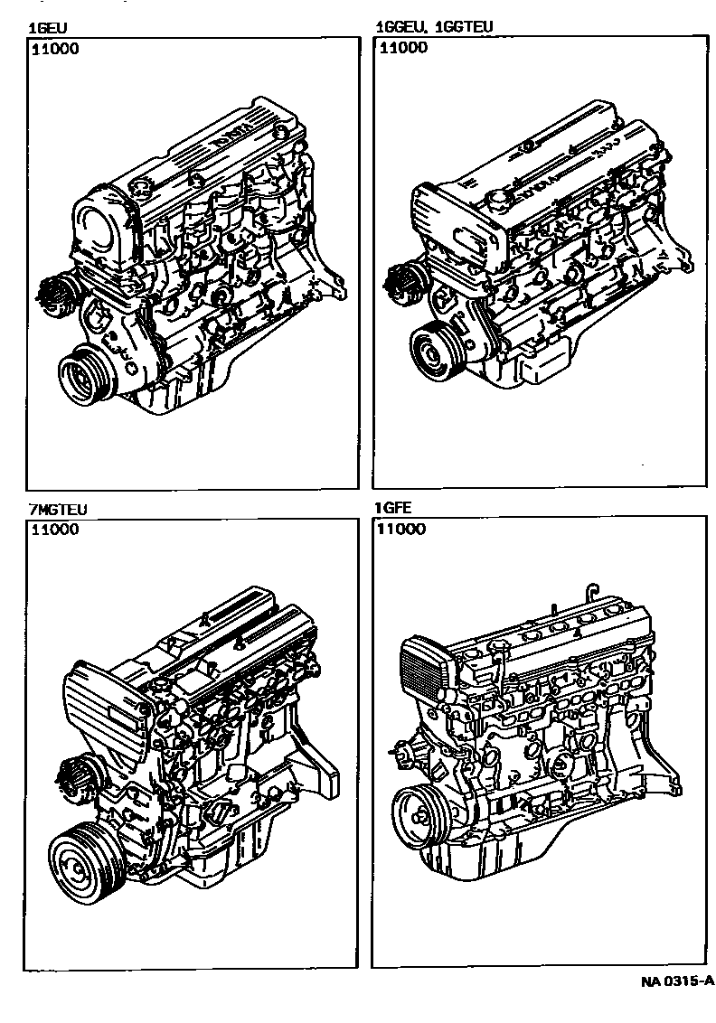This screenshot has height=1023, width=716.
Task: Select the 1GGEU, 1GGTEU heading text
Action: point(434,27)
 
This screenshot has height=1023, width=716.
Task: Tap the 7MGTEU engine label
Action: point(57,509)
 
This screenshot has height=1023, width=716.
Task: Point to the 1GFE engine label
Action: point(393,508)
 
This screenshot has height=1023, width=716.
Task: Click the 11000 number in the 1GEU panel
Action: point(55,48)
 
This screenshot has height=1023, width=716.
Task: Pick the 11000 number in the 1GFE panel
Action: point(400,529)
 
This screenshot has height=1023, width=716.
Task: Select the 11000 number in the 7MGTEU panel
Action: point(55,529)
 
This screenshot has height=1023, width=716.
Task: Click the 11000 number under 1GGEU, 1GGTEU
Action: point(403,48)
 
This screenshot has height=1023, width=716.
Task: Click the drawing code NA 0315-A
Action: point(677,981)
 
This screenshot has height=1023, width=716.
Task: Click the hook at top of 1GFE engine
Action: point(592,591)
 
